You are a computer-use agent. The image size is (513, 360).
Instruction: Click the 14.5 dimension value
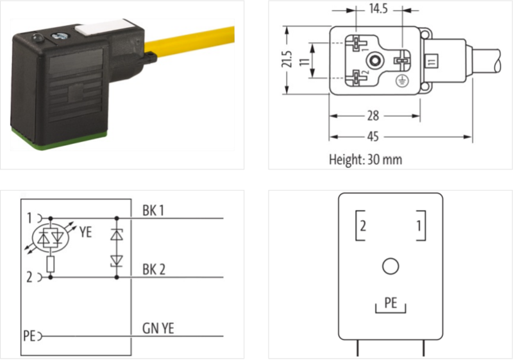pos(378,9)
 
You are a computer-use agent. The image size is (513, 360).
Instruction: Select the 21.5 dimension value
pos(287,59)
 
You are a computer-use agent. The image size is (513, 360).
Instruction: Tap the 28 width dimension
pos(373,116)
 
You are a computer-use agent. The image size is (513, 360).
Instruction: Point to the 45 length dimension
pos(373,137)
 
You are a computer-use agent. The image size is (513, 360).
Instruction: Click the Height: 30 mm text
pos(366,160)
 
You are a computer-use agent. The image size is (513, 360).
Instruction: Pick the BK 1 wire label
pos(153,210)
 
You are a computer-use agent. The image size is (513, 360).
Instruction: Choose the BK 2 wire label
pos(154,270)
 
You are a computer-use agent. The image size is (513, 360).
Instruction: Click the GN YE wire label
pos(158,329)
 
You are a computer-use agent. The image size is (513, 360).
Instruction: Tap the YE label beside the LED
pos(85,232)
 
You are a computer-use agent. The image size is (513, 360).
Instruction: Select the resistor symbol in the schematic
pos(51,264)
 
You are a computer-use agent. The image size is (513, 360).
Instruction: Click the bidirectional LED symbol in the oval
pos(51,237)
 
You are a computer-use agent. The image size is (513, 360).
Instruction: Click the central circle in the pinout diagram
pos(391,266)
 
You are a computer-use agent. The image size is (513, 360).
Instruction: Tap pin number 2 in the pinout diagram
pos(362,226)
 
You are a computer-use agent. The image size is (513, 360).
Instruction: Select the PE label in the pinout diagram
pos(391,303)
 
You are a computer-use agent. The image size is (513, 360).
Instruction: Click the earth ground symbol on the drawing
pos(401,81)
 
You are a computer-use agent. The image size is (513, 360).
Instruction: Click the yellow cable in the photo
pos(190,42)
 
